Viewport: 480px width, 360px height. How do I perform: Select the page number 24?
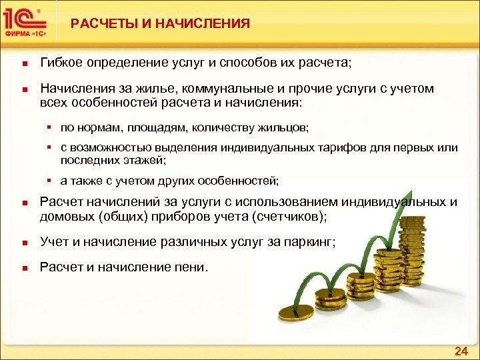click(460, 351)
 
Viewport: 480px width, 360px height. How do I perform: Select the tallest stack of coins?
click(415, 250)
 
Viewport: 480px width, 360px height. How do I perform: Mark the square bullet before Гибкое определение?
click(23, 64)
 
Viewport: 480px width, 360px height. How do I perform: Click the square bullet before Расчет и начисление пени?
click(23, 269)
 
